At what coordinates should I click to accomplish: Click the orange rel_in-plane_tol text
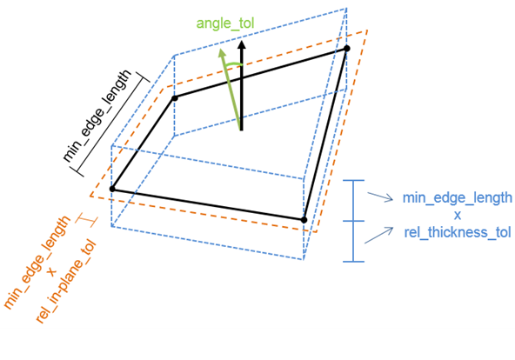click(67, 283)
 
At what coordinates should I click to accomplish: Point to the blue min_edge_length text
click(457, 197)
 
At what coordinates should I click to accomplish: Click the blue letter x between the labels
click(456, 215)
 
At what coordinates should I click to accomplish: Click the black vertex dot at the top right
click(346, 48)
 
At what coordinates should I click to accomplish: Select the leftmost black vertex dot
click(111, 189)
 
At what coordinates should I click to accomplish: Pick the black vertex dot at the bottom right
click(304, 219)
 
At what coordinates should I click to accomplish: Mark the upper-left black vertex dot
click(175, 98)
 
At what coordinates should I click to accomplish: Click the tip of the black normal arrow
click(243, 41)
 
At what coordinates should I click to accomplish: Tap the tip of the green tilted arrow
click(222, 50)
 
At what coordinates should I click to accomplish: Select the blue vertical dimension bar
click(353, 220)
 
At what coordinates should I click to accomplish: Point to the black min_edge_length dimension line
click(114, 123)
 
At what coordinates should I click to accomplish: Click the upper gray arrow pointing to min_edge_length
click(380, 197)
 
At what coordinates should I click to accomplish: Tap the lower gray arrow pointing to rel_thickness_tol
click(379, 234)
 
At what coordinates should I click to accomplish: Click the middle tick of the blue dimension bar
click(353, 220)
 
